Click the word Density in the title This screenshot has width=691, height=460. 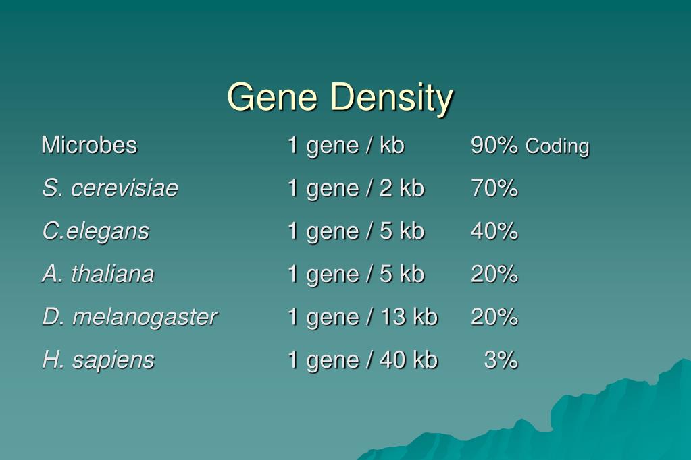(392, 97)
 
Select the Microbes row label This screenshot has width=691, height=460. (89, 145)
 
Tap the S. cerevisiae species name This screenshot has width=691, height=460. (110, 188)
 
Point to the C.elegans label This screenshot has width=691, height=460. (95, 231)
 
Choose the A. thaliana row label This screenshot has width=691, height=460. (98, 274)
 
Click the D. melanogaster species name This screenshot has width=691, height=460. (130, 317)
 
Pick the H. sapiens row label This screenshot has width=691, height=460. (98, 360)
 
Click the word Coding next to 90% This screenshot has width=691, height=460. (557, 146)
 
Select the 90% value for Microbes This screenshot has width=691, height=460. (494, 145)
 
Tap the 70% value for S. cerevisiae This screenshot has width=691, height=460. (494, 188)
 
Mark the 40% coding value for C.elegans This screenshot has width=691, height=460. (494, 231)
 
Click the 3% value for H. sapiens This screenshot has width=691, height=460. (501, 360)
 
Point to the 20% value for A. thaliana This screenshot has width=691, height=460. (494, 274)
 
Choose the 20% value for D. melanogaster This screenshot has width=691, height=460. (494, 317)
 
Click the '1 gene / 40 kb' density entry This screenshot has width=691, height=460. (362, 360)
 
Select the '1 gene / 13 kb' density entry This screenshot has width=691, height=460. (362, 317)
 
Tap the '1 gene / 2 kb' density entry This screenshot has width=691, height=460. (355, 188)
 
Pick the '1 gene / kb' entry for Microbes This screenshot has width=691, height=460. (345, 145)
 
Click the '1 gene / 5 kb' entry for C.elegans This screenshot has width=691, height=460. (355, 231)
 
